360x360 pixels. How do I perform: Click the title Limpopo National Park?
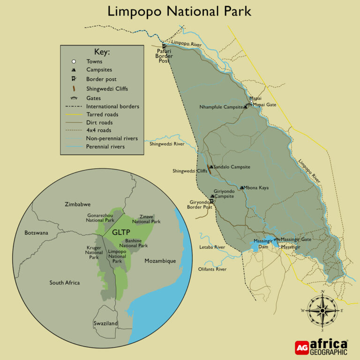point(180,11)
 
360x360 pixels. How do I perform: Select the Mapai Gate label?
point(265,105)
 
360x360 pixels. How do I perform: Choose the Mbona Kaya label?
point(257,187)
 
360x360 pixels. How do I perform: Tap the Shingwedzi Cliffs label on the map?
point(189,171)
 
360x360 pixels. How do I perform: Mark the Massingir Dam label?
point(263,243)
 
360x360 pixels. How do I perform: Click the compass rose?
point(322,310)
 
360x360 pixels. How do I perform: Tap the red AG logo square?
point(301,347)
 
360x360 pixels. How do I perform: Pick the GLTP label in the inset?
point(120,232)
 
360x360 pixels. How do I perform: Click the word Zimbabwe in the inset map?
point(77,204)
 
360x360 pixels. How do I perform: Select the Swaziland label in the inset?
point(105,323)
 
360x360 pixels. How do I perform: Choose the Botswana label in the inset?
point(36,232)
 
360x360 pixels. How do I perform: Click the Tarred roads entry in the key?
point(102,114)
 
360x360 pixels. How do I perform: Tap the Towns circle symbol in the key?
point(74,61)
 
